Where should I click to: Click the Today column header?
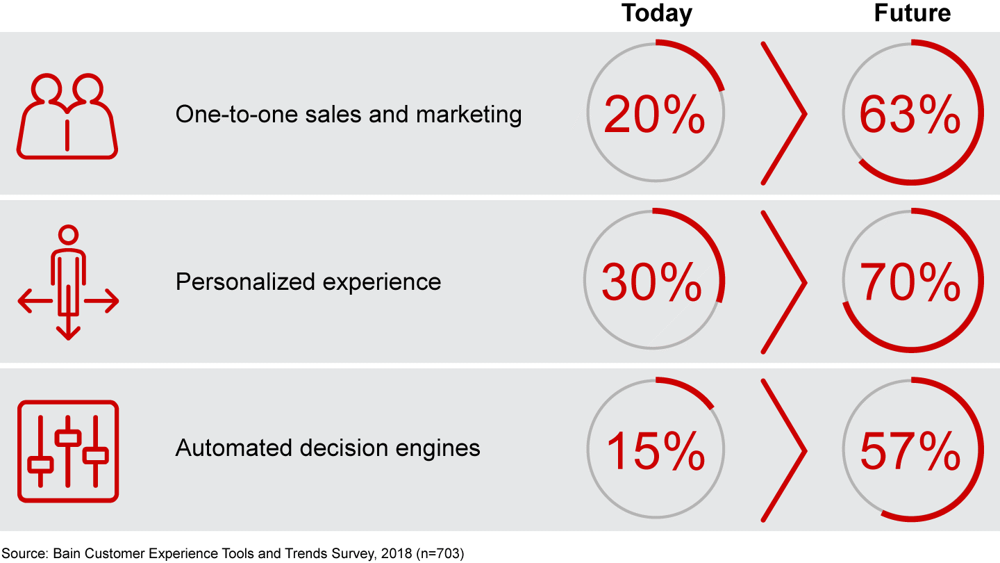[656, 13]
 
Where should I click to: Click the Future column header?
[912, 13]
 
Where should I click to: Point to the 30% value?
[652, 282]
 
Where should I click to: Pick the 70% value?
[910, 282]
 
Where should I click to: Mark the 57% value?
[910, 449]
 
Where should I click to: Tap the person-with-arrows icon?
[67, 283]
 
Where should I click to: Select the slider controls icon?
[67, 450]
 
